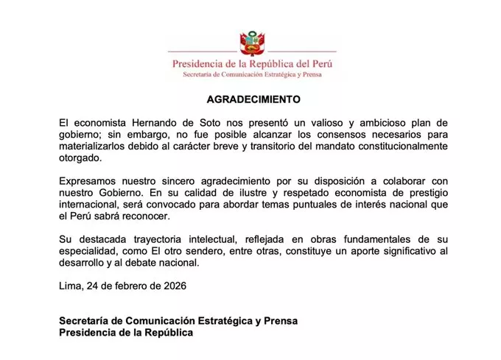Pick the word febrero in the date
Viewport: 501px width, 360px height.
[127, 286]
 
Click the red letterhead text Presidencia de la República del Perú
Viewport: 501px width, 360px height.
[252, 63]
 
